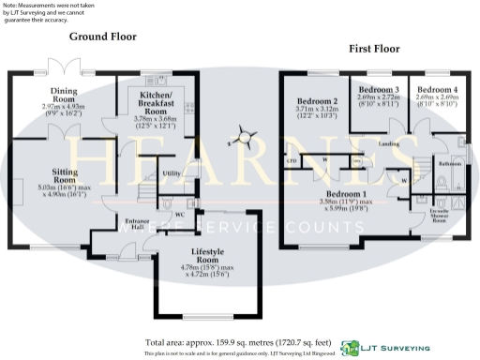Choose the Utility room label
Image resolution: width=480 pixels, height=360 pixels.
coord(171,173)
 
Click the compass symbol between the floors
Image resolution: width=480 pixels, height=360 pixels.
coord(246,137)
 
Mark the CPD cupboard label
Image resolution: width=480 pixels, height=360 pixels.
coord(292,160)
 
